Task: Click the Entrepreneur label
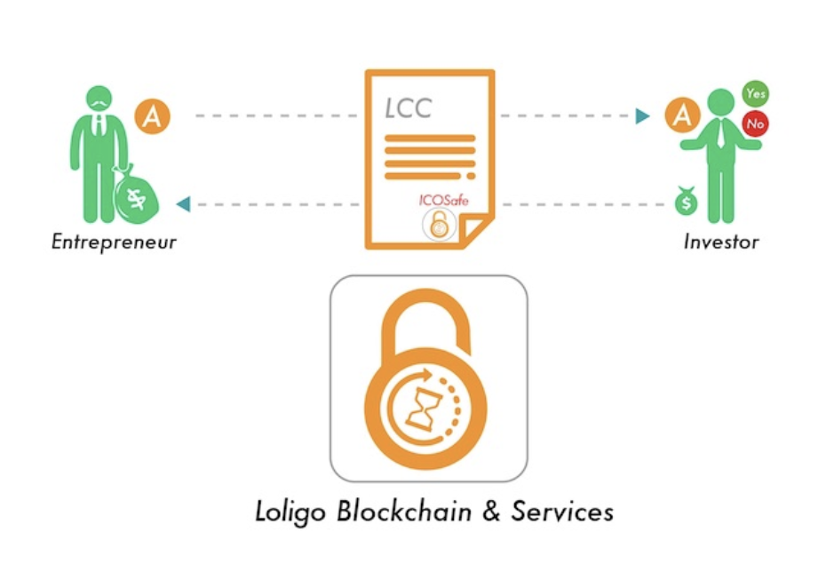click(114, 242)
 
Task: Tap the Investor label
click(721, 242)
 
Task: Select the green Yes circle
click(756, 94)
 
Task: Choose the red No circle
click(756, 123)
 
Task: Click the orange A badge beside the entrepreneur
click(152, 115)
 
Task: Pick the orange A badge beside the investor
click(682, 115)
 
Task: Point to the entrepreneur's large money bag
click(135, 194)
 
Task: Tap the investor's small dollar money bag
click(686, 201)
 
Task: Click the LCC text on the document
click(409, 108)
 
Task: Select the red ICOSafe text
click(443, 200)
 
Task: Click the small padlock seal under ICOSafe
click(439, 225)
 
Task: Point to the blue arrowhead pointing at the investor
click(642, 115)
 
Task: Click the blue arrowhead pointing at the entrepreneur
click(183, 203)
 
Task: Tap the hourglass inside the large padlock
click(420, 409)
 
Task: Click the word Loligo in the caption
click(290, 512)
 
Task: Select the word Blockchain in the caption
click(404, 512)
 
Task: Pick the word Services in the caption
click(562, 512)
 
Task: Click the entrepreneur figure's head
click(99, 99)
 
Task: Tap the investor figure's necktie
click(720, 134)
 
